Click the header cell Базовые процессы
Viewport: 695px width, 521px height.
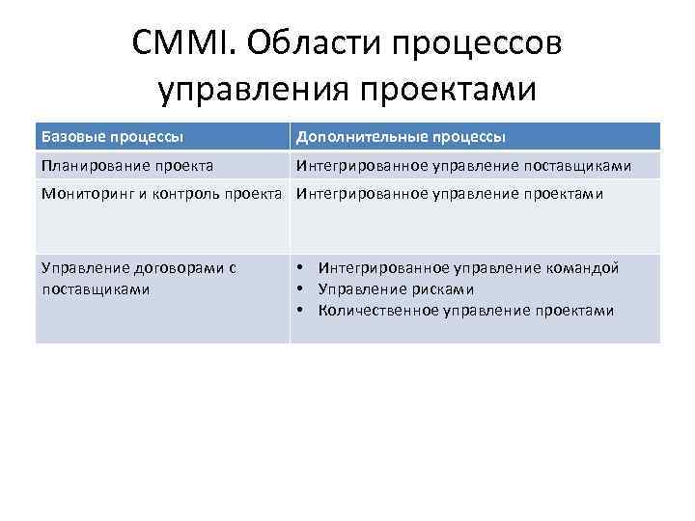point(113,136)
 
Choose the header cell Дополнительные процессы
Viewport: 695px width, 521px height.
point(401,136)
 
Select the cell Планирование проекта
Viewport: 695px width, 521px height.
point(127,166)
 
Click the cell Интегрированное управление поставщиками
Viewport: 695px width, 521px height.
point(463,166)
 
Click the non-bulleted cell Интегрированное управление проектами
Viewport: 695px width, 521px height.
point(449,193)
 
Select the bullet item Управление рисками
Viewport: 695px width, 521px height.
point(396,289)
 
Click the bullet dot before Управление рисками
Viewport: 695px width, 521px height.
point(302,289)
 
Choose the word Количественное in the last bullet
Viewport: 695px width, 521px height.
point(377,311)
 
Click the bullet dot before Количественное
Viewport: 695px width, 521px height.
point(302,311)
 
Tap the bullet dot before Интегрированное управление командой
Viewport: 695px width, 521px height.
point(302,268)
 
